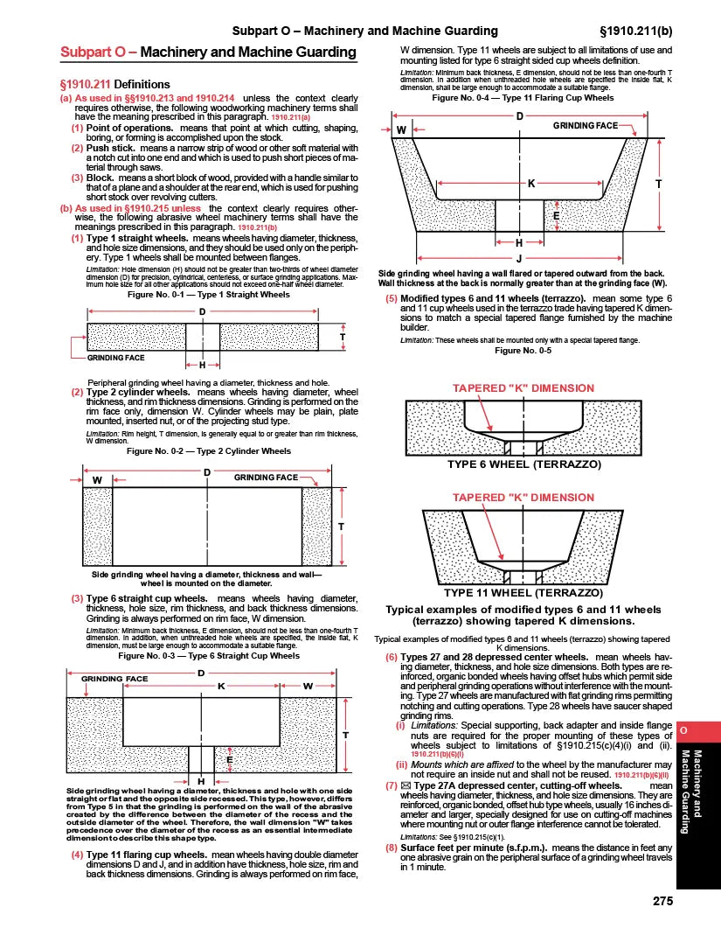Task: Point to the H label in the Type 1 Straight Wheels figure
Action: point(203,366)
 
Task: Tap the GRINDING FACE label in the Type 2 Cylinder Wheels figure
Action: point(267,478)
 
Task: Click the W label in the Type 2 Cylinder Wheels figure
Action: point(97,479)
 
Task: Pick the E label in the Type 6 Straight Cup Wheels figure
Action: point(229,760)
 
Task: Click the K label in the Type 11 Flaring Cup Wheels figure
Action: point(530,184)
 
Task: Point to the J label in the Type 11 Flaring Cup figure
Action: point(519,258)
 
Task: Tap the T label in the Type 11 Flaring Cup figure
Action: point(657,184)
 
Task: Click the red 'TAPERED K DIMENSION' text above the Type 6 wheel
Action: point(523,387)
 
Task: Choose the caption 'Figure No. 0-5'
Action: point(523,351)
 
